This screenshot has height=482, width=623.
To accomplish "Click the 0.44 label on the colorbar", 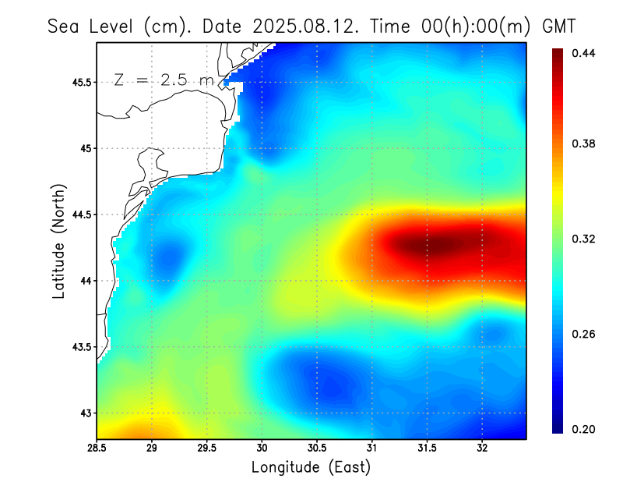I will [x=584, y=53].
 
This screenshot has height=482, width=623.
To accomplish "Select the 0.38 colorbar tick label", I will [x=584, y=144].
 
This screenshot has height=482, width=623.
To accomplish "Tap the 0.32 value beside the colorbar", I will [x=584, y=239].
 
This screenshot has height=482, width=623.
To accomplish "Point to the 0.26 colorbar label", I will [x=584, y=334].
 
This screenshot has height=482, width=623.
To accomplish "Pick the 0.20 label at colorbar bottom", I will [x=584, y=429].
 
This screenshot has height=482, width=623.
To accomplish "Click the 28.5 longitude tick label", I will [x=97, y=448].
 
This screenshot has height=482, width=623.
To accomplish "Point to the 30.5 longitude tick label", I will [x=317, y=448].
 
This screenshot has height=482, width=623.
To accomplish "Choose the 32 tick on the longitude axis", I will [x=482, y=448].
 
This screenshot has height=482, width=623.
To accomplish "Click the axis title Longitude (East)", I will [x=311, y=467].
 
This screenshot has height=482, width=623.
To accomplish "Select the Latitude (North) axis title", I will [x=58, y=242].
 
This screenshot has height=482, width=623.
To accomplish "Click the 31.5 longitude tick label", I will [x=427, y=448].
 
